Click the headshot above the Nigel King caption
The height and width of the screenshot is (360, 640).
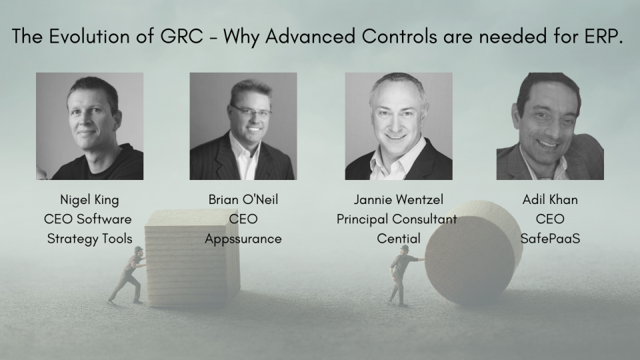(x=89, y=126)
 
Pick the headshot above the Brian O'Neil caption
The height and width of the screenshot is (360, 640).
(x=243, y=126)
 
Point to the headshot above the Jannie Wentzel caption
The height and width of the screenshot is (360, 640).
(x=399, y=126)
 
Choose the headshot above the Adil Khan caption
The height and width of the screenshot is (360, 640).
(x=550, y=126)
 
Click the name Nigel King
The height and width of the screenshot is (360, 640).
(x=89, y=199)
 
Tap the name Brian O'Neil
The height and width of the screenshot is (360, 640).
(x=243, y=199)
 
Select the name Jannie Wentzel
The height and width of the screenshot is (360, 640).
(x=398, y=199)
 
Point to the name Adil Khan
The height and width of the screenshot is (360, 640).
(x=550, y=199)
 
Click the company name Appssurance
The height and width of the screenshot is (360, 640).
(x=243, y=238)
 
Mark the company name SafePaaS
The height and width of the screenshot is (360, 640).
(x=550, y=238)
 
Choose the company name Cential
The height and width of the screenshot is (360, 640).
(x=397, y=238)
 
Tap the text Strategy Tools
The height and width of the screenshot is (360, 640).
(x=89, y=238)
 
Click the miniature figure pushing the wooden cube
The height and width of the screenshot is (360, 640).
(x=129, y=276)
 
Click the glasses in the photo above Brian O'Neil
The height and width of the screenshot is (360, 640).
(x=251, y=109)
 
